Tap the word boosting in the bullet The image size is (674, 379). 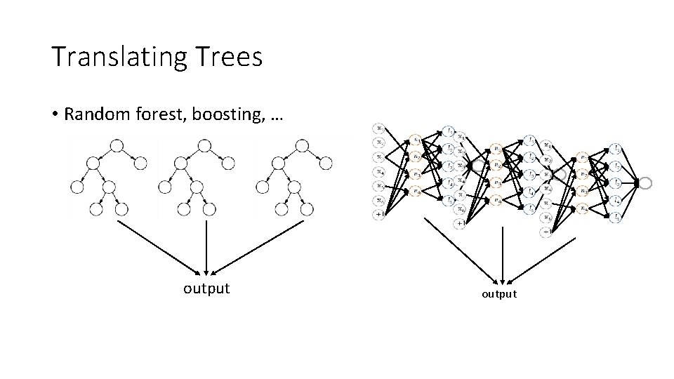227,114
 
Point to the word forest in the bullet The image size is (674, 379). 157,114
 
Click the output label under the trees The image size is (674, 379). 206,288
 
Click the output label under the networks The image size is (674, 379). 498,294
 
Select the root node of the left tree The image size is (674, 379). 117,146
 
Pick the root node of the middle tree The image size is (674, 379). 204,146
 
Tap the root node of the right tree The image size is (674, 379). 302,146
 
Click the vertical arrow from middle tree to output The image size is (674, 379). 206,246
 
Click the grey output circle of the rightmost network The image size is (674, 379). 645,182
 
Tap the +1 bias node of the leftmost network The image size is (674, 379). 379,213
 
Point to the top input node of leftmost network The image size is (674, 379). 379,128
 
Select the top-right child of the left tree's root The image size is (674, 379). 140,164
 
